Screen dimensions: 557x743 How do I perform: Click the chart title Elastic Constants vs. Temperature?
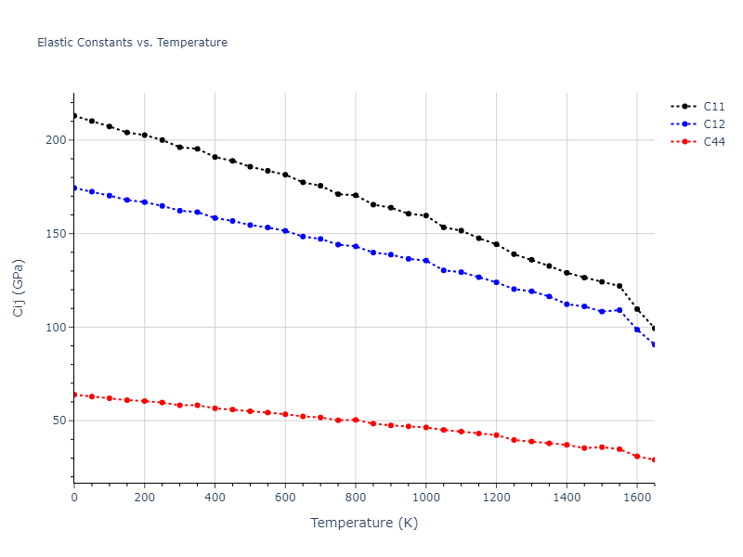pyautogui.click(x=132, y=43)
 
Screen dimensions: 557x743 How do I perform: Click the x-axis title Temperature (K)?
pyautogui.click(x=364, y=524)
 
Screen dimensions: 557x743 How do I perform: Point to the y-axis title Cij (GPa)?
pyautogui.click(x=20, y=288)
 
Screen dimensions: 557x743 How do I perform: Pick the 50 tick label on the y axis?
pyautogui.click(x=59, y=421)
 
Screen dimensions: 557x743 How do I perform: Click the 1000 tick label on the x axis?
pyautogui.click(x=425, y=498)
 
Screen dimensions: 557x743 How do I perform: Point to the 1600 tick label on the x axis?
pyautogui.click(x=636, y=498)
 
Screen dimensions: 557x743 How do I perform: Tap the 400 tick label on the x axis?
pyautogui.click(x=215, y=498)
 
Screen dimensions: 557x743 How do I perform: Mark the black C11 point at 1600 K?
pyautogui.click(x=637, y=309)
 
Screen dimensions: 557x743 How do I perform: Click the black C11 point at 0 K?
pyautogui.click(x=74, y=116)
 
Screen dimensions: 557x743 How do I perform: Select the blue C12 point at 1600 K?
pyautogui.click(x=637, y=330)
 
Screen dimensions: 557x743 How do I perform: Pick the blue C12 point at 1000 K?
pyautogui.click(x=426, y=261)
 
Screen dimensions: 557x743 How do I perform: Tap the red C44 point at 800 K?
pyautogui.click(x=356, y=420)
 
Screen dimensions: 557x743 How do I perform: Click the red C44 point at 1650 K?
pyautogui.click(x=655, y=460)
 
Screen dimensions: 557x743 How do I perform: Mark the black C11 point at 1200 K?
pyautogui.click(x=496, y=244)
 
